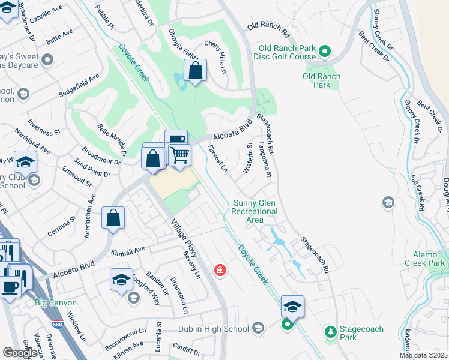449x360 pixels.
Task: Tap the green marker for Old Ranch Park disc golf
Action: click(325, 52)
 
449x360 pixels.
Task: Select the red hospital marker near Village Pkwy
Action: click(221, 271)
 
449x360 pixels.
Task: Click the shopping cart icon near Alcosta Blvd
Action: click(179, 155)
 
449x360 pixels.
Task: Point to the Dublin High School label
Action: click(213, 329)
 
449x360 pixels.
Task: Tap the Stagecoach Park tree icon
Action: click(330, 331)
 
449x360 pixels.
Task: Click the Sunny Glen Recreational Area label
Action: click(255, 211)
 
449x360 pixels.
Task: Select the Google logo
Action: click(20, 353)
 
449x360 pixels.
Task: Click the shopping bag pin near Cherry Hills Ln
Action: click(195, 71)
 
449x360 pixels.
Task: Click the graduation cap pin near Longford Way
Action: click(121, 280)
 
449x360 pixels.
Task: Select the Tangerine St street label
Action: click(265, 160)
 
